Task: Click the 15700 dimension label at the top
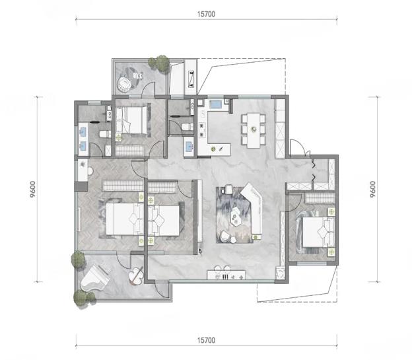click(206, 14)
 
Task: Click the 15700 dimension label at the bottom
click(206, 340)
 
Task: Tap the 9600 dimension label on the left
click(32, 190)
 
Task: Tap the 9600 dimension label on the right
click(372, 190)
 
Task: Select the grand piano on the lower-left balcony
click(94, 279)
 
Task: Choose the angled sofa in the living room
click(254, 207)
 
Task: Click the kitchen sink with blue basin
click(216, 104)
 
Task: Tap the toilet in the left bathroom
click(104, 134)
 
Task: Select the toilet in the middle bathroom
click(187, 127)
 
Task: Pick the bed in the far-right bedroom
click(318, 233)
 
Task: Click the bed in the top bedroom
click(131, 120)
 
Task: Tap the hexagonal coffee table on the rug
click(236, 216)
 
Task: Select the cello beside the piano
click(136, 276)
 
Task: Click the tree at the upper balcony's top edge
click(159, 63)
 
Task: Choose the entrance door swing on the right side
click(300, 147)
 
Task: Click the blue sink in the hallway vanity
click(189, 147)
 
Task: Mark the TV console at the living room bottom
click(226, 275)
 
